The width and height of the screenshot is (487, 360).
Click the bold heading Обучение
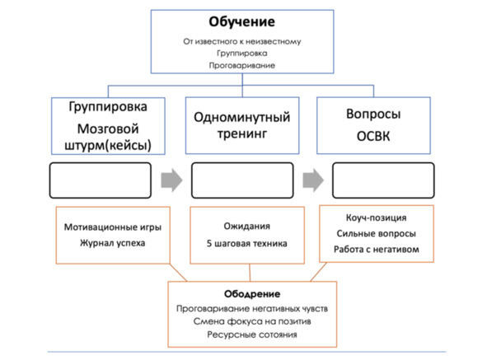tap(242, 22)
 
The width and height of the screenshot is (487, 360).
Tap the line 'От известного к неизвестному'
tap(242, 41)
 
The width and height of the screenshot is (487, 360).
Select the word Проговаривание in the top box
tap(242, 66)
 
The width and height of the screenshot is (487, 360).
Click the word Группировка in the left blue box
tap(108, 107)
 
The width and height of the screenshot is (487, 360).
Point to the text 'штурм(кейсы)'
tap(108, 145)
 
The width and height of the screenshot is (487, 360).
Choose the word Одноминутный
tap(242, 118)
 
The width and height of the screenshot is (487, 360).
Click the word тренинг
tap(242, 134)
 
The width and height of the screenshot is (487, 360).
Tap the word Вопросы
tap(373, 114)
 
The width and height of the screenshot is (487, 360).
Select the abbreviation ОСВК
tap(373, 137)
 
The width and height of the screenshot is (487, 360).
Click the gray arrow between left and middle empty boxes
tap(171, 180)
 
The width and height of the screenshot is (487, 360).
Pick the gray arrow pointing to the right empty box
tap(313, 180)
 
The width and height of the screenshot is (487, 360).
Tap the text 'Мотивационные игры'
tap(113, 227)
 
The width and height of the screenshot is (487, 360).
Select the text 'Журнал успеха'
tap(113, 243)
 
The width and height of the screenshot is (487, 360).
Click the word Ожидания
tap(247, 227)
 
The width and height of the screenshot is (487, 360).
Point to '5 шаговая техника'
tap(247, 244)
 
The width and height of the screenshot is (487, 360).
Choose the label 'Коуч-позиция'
tap(376, 217)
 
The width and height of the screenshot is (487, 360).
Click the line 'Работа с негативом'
tap(376, 249)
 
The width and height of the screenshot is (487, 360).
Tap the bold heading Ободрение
tap(252, 294)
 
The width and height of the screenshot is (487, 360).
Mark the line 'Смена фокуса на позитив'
tap(252, 321)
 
